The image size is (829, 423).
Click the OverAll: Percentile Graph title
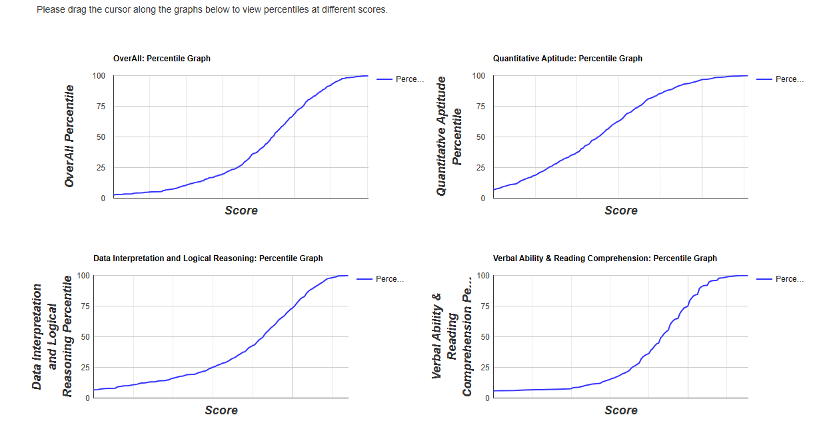[x=162, y=59]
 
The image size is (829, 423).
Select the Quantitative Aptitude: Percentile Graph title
[x=568, y=59]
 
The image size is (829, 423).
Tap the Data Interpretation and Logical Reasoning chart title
[x=208, y=258]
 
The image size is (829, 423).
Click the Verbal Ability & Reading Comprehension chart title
[x=605, y=258]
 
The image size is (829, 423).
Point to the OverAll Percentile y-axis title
[x=69, y=137]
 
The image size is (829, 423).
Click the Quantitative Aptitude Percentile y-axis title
[x=449, y=137]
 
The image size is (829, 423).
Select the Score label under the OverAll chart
[x=241, y=211]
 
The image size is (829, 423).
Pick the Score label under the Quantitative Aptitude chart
[x=621, y=211]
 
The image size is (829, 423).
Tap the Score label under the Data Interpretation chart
[x=221, y=410]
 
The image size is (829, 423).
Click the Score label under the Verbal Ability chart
[x=621, y=410]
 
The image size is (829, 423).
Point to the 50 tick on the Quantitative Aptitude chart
[x=479, y=137]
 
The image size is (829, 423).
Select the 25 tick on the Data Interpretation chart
[x=85, y=368]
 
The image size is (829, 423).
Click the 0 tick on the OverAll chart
[x=103, y=199]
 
